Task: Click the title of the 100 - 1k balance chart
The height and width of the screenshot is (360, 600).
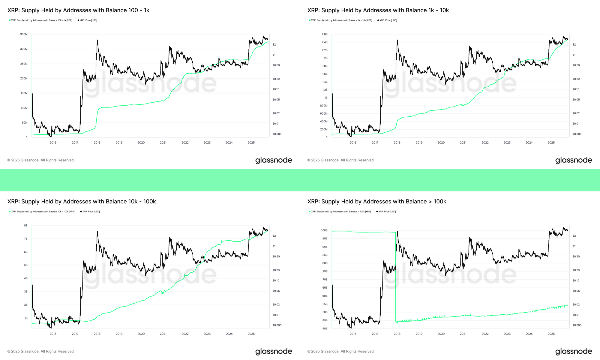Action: point(78,10)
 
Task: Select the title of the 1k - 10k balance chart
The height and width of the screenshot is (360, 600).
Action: point(378,10)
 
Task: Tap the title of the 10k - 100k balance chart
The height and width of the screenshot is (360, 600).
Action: point(82,202)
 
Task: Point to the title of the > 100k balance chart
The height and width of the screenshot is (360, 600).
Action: point(377,202)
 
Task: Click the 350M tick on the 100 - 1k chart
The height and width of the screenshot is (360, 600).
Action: point(24,34)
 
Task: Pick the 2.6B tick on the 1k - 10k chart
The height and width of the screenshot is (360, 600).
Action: point(325,34)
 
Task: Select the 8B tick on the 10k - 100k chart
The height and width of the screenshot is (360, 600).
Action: point(26,226)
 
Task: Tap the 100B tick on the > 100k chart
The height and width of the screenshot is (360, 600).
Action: point(324,230)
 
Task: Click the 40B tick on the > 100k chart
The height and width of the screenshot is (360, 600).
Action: point(325,328)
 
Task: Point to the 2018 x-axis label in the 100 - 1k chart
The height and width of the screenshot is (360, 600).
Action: point(97,142)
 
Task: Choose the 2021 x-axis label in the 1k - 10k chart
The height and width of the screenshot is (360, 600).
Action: point(463,142)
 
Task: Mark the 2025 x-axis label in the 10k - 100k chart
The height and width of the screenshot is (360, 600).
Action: point(251,334)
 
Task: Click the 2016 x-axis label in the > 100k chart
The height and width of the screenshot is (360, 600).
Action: point(353,334)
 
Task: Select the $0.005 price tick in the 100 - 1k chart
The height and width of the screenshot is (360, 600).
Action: point(277,134)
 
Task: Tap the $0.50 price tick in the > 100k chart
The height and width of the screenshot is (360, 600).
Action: point(576,256)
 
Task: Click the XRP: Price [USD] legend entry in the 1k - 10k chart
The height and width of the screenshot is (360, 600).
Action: point(388,20)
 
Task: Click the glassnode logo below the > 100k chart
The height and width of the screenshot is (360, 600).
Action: point(574,351)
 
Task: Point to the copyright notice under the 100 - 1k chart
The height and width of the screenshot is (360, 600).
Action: point(41,160)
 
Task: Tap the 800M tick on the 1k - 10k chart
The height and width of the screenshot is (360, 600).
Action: point(324,106)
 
